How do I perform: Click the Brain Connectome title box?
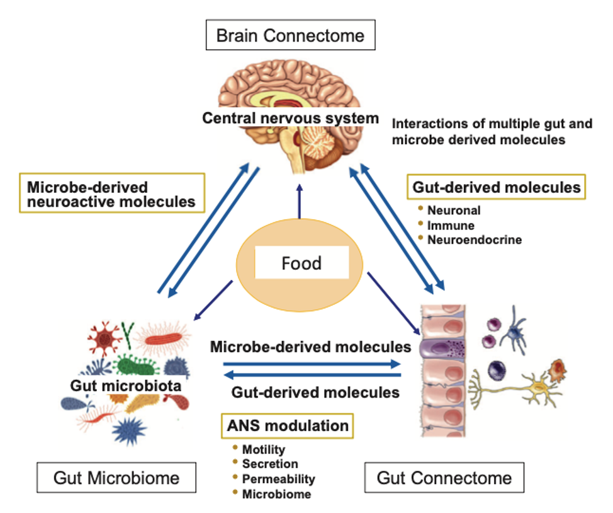290,35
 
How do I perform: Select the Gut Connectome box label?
444,478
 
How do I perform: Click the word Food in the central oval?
301,263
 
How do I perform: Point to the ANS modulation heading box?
287,426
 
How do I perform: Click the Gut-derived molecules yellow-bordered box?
496,187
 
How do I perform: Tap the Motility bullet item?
263,449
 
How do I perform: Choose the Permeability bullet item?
278,479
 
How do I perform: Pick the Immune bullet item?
451,225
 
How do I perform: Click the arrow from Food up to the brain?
300,201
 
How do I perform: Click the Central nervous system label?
290,118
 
